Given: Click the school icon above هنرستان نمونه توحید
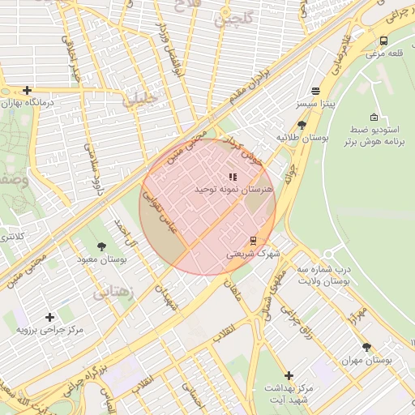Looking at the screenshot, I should [x=233, y=176].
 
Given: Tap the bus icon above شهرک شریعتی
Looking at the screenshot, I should [x=253, y=240].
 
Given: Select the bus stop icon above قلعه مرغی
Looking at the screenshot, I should [x=383, y=41].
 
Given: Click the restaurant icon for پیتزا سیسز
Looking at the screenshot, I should [x=315, y=91].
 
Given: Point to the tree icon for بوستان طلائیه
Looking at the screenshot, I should [x=302, y=125].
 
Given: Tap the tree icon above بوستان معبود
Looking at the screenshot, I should [x=101, y=246].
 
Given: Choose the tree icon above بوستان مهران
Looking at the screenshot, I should [x=366, y=346].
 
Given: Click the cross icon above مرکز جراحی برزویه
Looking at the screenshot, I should [x=50, y=317].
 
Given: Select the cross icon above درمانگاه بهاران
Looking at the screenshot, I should [x=28, y=90].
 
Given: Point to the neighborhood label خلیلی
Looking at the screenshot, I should [x=141, y=101].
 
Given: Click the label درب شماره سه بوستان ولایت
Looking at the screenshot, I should [x=323, y=275].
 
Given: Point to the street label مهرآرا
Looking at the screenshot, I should [x=357, y=313].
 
